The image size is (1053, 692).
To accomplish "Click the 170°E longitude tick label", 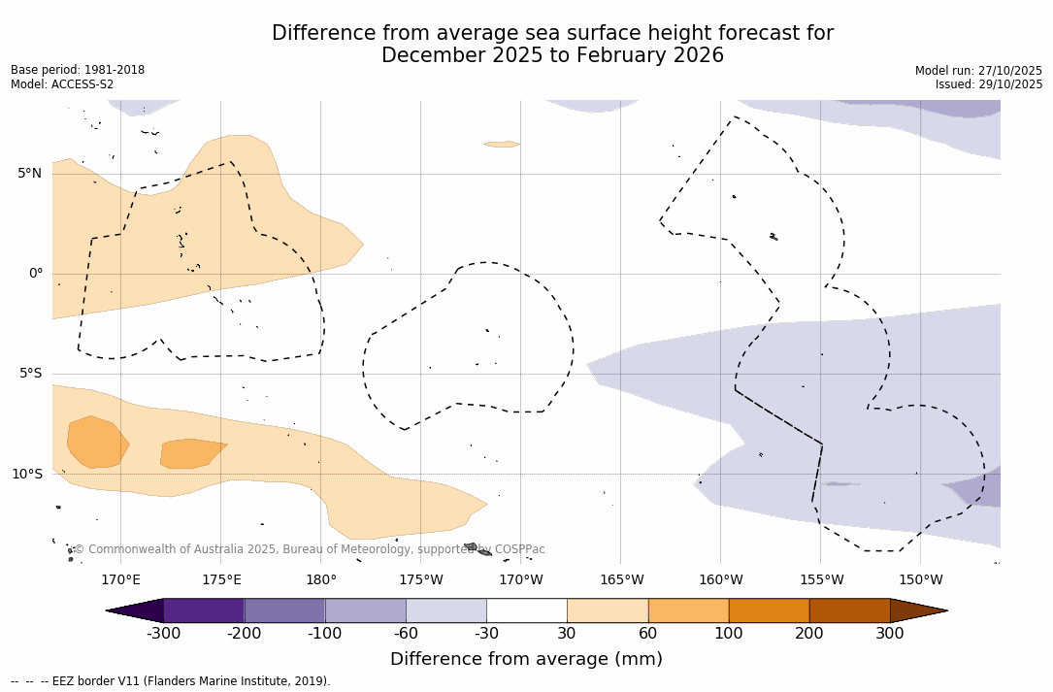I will [120, 580].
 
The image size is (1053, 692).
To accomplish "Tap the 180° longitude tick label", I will [321, 580].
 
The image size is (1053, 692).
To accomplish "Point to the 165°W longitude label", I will [621, 580].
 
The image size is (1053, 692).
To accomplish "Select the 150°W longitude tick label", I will [920, 580].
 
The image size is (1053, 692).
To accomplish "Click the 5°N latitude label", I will [29, 174].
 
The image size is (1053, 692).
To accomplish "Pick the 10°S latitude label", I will [26, 475].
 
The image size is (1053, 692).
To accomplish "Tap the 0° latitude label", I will [36, 274].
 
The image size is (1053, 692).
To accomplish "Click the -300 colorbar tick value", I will [164, 634].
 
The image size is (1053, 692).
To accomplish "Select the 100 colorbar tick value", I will [729, 634].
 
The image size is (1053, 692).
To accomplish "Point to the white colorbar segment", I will [526, 610].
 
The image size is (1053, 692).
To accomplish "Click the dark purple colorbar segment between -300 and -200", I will [204, 610].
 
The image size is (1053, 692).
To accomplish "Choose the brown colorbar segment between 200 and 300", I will [849, 610].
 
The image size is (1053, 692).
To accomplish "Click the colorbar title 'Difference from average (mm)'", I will [526, 660].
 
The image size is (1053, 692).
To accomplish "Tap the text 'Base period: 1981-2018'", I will [78, 70].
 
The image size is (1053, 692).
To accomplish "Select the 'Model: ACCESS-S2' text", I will [62, 84].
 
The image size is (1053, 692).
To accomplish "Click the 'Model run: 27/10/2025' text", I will [978, 71].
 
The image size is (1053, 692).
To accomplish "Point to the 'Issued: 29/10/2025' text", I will [989, 84].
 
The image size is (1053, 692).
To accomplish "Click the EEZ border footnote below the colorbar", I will [171, 681].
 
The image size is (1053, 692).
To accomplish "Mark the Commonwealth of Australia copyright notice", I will [310, 549].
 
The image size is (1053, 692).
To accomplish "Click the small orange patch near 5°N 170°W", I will [502, 144].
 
